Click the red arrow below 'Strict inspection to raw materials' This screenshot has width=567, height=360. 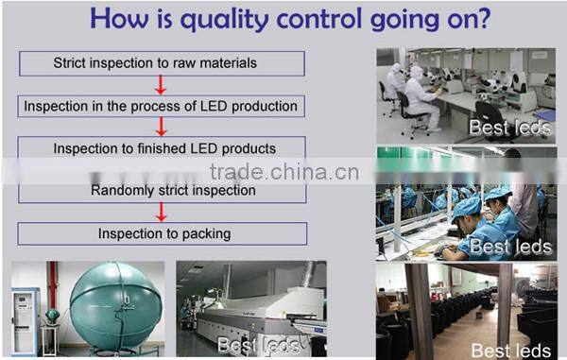click(x=161, y=85)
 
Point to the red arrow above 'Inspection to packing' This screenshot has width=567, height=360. click(x=161, y=212)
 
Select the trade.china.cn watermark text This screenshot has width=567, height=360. click(x=283, y=172)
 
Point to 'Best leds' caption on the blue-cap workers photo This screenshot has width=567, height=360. click(x=511, y=247)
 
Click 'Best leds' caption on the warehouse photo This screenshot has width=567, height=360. click(x=511, y=350)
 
